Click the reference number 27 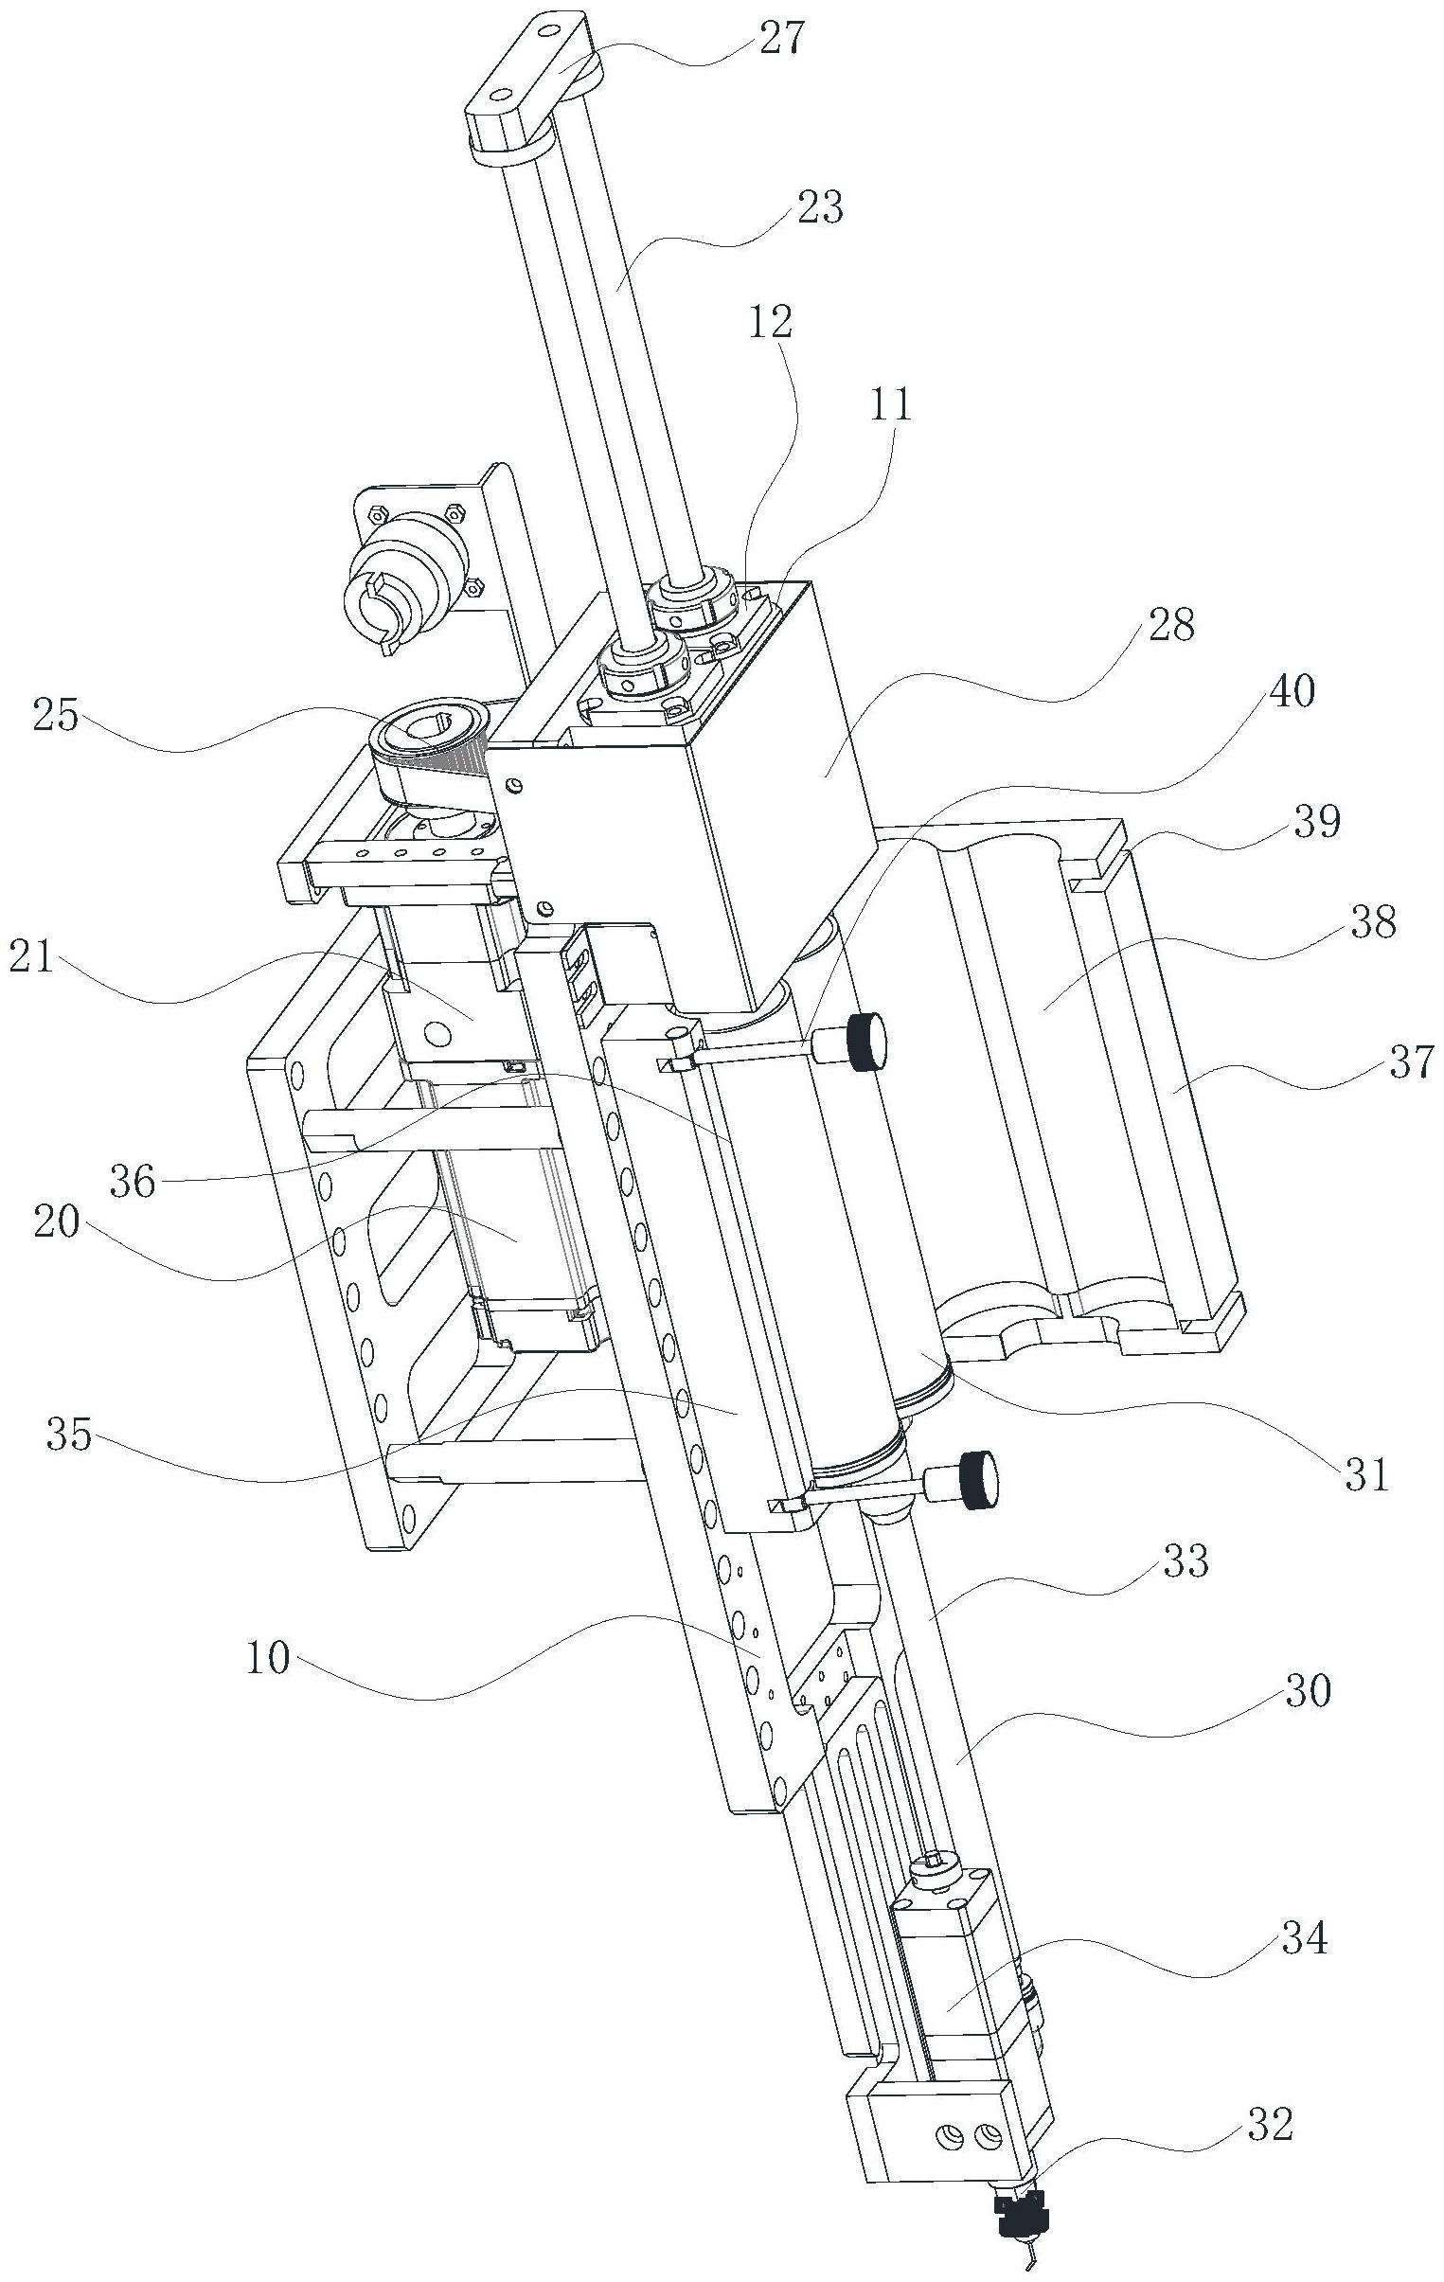coord(782,40)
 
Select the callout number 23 coord(821,206)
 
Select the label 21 coord(32,961)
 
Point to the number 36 coord(133,1181)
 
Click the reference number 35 coord(69,1435)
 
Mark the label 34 coord(1304,1988)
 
